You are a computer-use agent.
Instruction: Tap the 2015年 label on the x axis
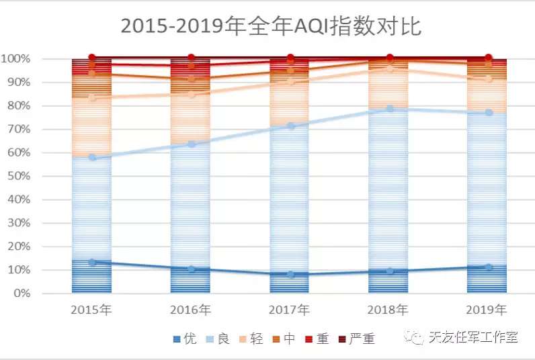tap(91, 310)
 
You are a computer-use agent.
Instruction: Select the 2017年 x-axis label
tap(290, 310)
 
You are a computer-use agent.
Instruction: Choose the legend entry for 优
tap(185, 339)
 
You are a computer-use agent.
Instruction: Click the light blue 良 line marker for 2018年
tap(389, 108)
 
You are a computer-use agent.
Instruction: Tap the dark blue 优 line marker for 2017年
tap(290, 274)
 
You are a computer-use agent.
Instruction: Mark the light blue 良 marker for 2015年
tap(92, 158)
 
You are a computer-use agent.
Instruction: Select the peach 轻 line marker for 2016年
tap(191, 94)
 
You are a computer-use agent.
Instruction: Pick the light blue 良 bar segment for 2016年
tap(191, 201)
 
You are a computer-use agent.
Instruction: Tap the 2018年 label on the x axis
tap(389, 310)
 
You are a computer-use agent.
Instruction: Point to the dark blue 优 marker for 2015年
tap(92, 262)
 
